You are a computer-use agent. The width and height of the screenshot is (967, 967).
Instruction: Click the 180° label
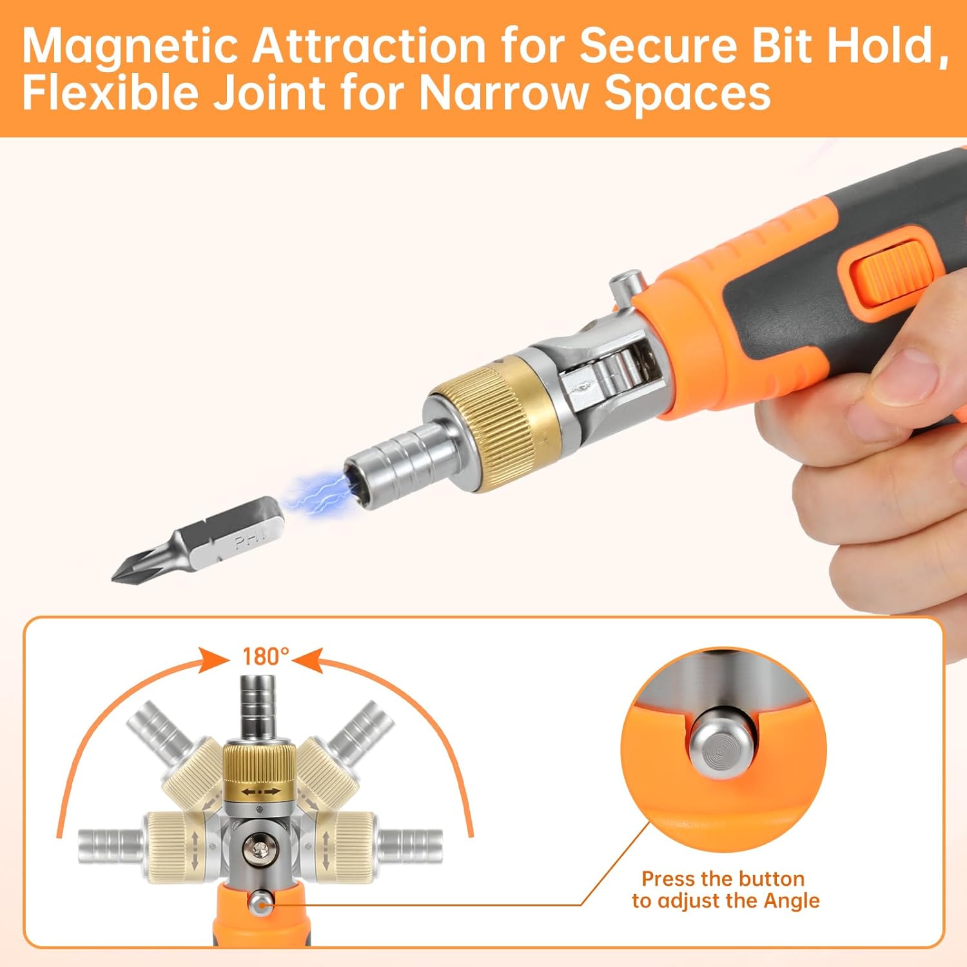[265, 656]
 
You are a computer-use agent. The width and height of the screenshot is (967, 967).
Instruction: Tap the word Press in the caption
[668, 879]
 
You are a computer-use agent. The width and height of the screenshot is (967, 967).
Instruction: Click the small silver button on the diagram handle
[260, 903]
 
